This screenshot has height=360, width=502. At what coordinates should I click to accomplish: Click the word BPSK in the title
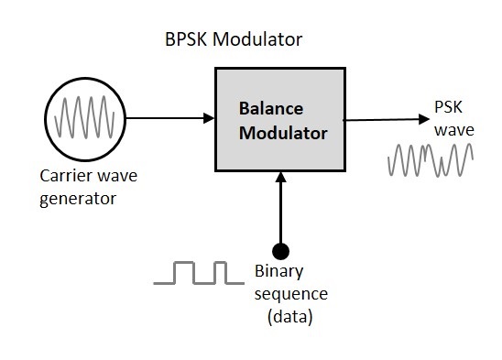(x=187, y=40)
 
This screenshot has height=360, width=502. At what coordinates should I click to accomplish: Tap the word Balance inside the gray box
(x=270, y=108)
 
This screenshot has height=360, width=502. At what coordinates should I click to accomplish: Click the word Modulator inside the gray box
(x=282, y=133)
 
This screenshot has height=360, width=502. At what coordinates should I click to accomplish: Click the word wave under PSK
(x=453, y=130)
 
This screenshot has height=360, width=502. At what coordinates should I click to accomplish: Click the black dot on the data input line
(x=281, y=250)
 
